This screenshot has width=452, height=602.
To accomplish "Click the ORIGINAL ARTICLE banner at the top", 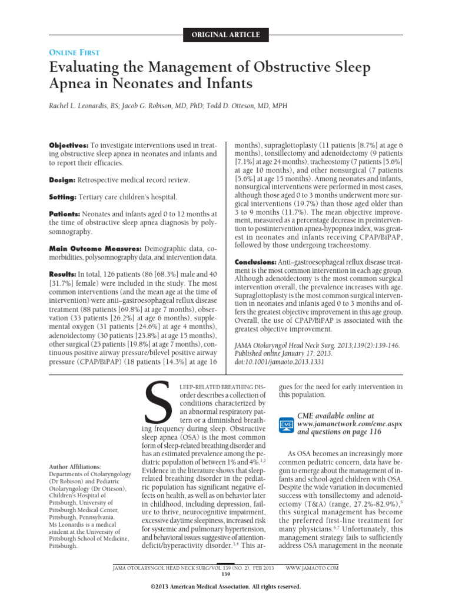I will tap(226, 35).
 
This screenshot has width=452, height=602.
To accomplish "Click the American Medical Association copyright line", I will tap(226, 587).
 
